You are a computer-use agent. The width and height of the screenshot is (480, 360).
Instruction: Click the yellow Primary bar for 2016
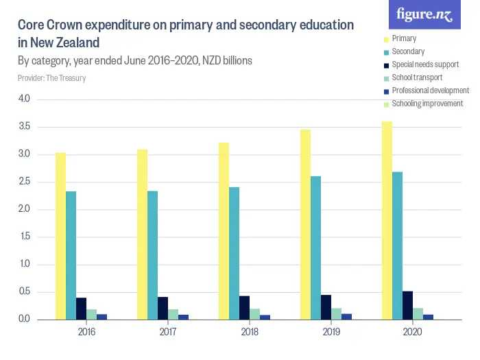(x=61, y=236)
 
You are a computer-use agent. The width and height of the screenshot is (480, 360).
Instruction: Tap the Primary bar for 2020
(x=387, y=220)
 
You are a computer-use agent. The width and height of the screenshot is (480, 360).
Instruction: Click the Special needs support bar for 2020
(x=407, y=305)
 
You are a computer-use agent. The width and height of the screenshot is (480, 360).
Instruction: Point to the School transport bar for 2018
(x=254, y=314)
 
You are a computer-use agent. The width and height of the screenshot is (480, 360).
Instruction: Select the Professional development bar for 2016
(x=101, y=317)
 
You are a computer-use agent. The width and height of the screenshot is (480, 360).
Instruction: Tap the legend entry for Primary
(x=404, y=38)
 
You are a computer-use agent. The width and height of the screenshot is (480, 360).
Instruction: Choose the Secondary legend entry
(x=407, y=51)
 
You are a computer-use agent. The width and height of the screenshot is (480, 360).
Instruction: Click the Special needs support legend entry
(x=425, y=64)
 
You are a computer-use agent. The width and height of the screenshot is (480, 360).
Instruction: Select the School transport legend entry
(x=417, y=77)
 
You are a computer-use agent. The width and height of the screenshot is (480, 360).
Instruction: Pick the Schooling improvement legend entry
(x=427, y=104)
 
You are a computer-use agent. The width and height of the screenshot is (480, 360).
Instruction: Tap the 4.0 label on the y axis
(x=25, y=99)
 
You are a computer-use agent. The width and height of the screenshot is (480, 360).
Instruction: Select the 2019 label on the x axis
(x=331, y=332)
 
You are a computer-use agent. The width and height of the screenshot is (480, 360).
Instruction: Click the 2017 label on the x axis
(x=168, y=332)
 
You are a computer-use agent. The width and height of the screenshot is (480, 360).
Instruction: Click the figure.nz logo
(x=424, y=14)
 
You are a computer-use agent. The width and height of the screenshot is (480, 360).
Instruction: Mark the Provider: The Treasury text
(x=51, y=78)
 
